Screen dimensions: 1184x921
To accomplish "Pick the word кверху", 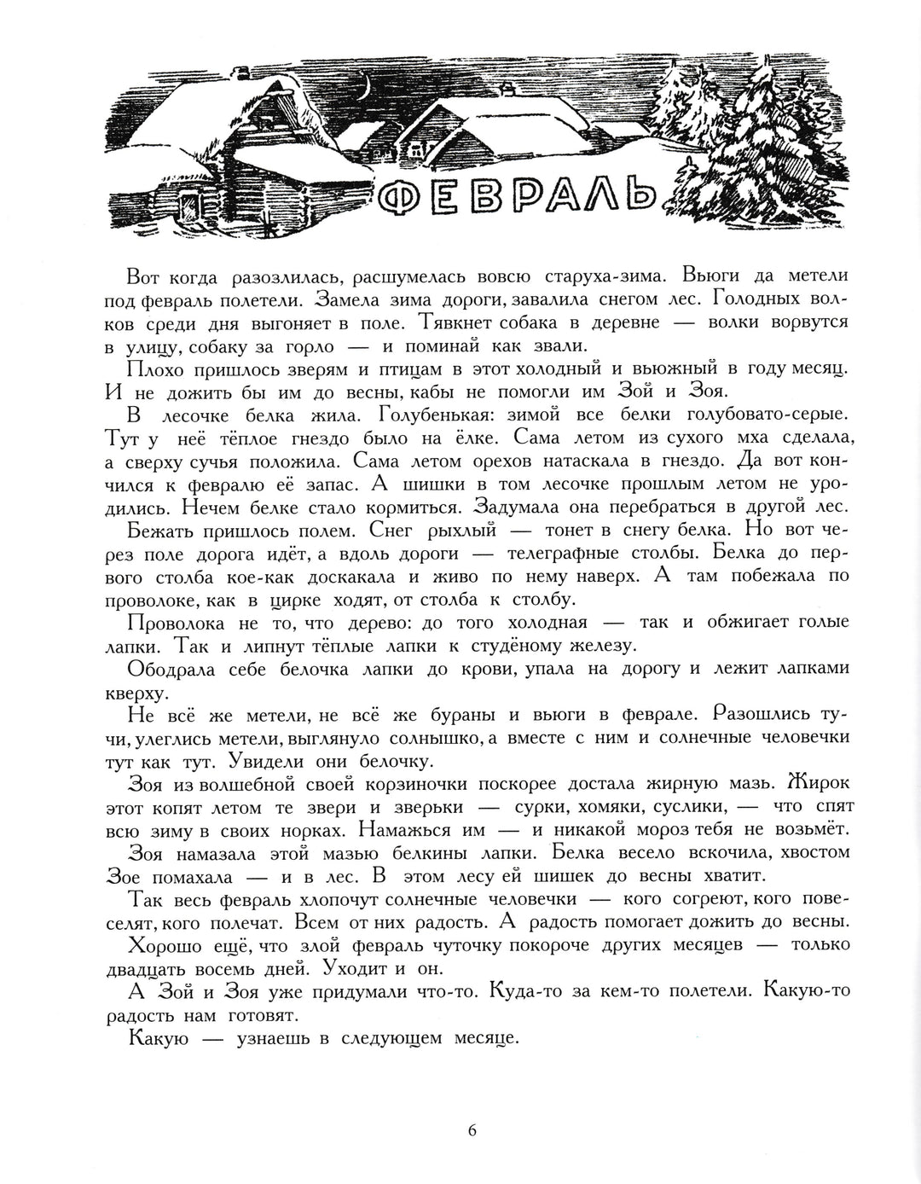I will pyautogui.click(x=154, y=692).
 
